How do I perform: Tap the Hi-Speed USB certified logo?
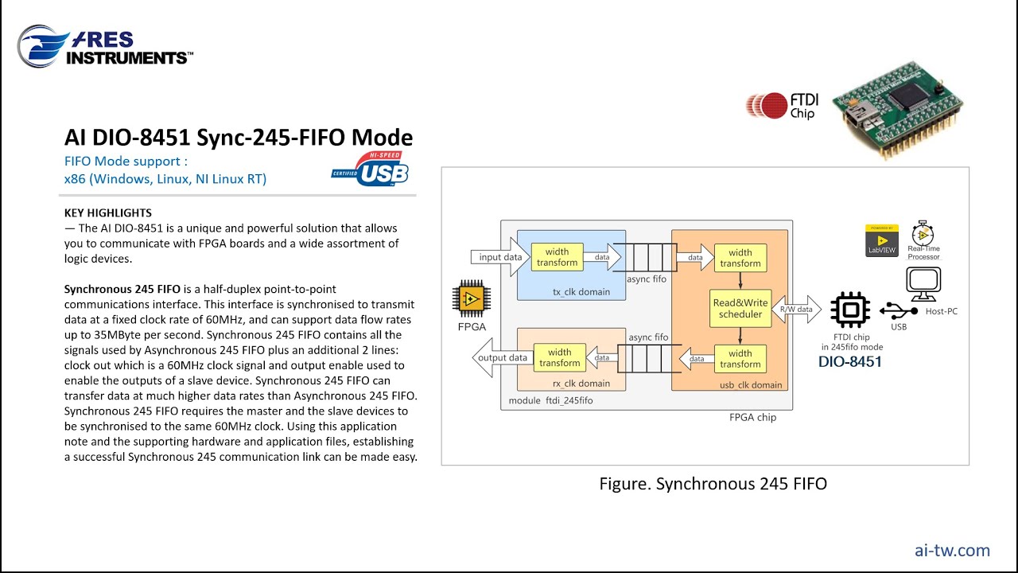[x=371, y=169]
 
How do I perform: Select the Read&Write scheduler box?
[x=740, y=308]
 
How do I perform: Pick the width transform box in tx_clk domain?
[x=558, y=257]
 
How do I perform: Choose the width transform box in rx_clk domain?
[x=559, y=357]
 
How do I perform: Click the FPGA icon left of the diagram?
[x=470, y=299]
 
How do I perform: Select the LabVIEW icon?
[x=881, y=240]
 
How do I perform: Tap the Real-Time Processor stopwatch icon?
[x=923, y=235]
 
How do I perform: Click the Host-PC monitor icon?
[x=923, y=283]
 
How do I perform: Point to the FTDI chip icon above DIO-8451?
[x=850, y=310]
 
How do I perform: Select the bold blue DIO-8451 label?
[x=850, y=362]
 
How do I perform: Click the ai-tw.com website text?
[x=952, y=550]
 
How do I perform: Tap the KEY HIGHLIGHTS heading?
[x=107, y=213]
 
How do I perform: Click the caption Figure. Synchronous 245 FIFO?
[x=713, y=483]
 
